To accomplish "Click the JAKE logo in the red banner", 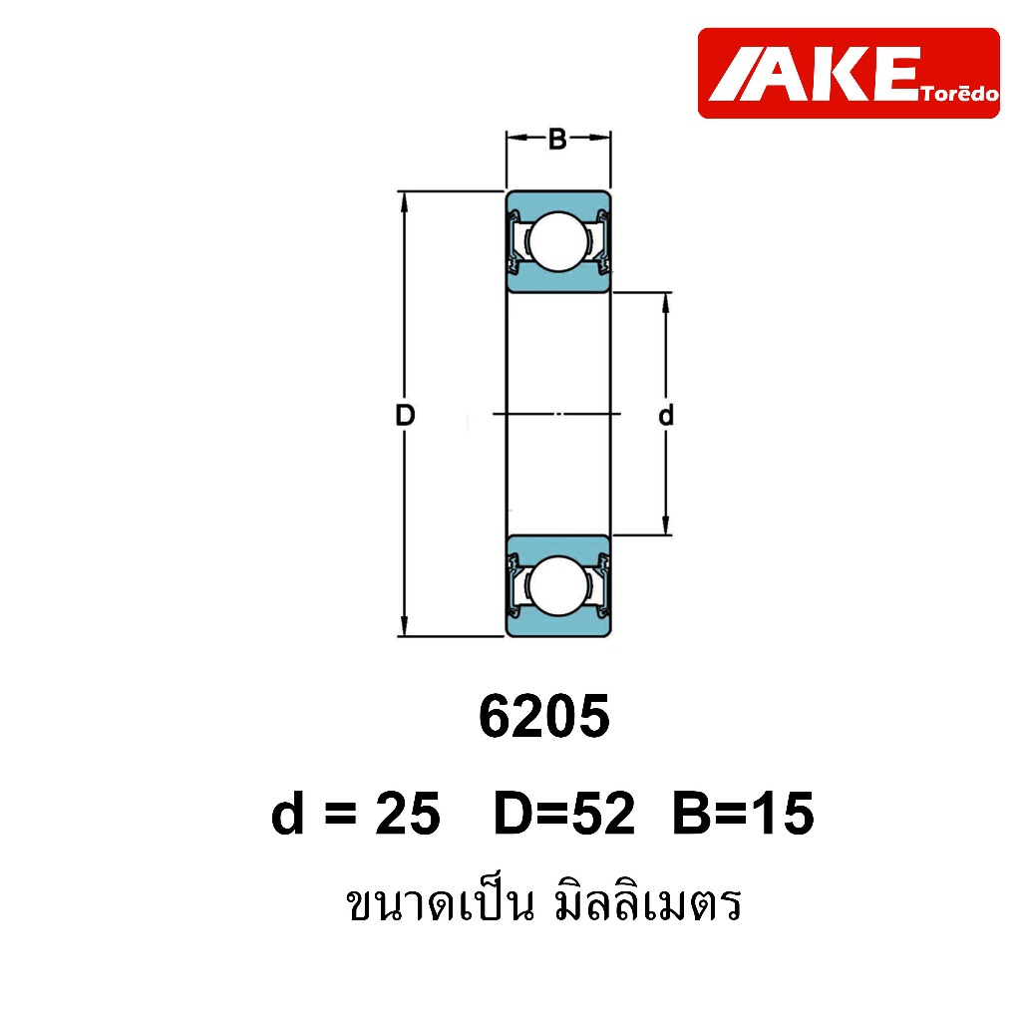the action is pos(849,73).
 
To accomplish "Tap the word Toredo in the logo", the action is pos(960,95).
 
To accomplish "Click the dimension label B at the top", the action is pos(557,140).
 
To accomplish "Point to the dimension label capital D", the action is pos(405,415).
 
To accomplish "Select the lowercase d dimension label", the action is pos(665,415).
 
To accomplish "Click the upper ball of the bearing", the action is pos(558,241).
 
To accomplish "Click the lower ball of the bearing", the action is pos(558,585).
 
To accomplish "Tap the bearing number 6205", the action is pos(543,716).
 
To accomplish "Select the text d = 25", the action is pos(356,814).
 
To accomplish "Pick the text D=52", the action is pos(564,814).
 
